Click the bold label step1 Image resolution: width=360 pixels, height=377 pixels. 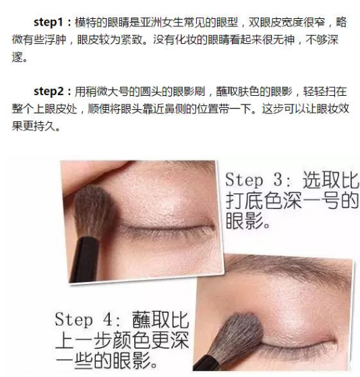click(x=49, y=22)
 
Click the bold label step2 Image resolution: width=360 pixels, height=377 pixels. click(x=49, y=92)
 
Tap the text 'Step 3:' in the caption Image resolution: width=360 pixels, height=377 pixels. click(x=259, y=180)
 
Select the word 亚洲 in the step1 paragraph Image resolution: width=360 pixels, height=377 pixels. click(x=151, y=22)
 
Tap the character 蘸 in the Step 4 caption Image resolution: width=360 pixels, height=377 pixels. click(x=142, y=320)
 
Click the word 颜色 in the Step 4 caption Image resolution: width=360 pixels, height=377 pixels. click(x=131, y=340)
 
